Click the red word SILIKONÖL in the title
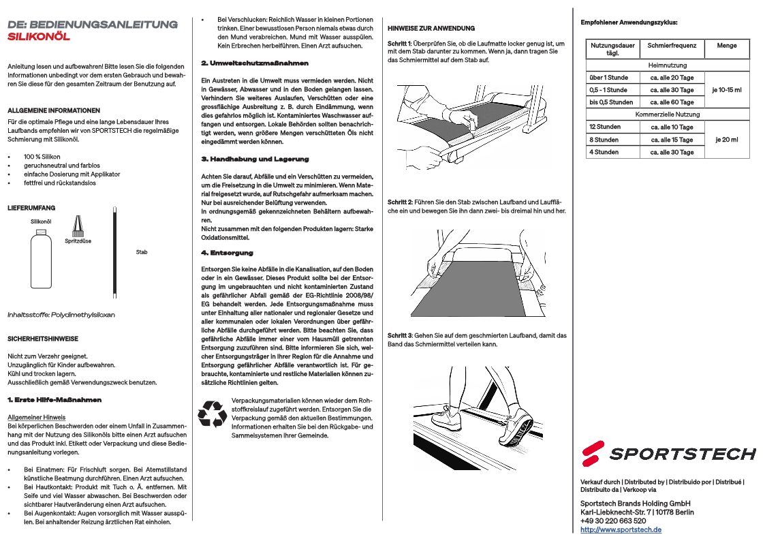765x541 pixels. click(x=38, y=37)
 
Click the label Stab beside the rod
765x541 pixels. click(x=141, y=252)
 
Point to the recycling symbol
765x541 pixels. click(x=212, y=414)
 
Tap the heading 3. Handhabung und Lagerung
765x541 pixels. click(x=255, y=159)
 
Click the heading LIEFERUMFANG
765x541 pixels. click(x=31, y=207)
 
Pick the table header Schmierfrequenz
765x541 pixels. click(x=672, y=46)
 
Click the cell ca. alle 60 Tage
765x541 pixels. click(x=672, y=102)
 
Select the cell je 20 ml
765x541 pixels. click(x=727, y=140)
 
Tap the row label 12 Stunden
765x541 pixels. click(x=605, y=127)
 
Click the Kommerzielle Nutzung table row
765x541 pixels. click(x=667, y=114)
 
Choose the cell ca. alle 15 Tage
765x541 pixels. click(x=672, y=140)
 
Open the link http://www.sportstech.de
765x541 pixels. click(x=621, y=529)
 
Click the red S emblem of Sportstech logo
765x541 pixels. click(x=593, y=452)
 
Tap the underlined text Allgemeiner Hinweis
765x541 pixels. click(x=36, y=417)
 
